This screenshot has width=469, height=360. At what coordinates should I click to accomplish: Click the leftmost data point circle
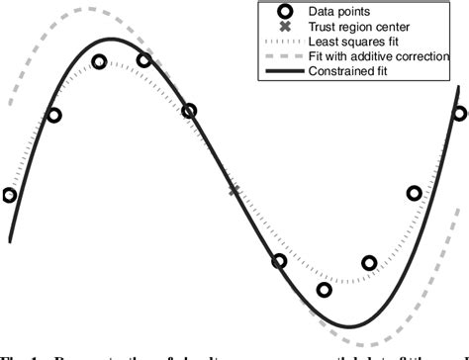tap(10, 195)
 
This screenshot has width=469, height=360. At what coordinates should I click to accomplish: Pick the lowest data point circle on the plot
tap(325, 290)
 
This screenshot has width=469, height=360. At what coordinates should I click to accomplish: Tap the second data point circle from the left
tap(54, 116)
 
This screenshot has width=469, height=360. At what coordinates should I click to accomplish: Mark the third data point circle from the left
tap(99, 62)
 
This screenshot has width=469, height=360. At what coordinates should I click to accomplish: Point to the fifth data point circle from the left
tap(189, 112)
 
